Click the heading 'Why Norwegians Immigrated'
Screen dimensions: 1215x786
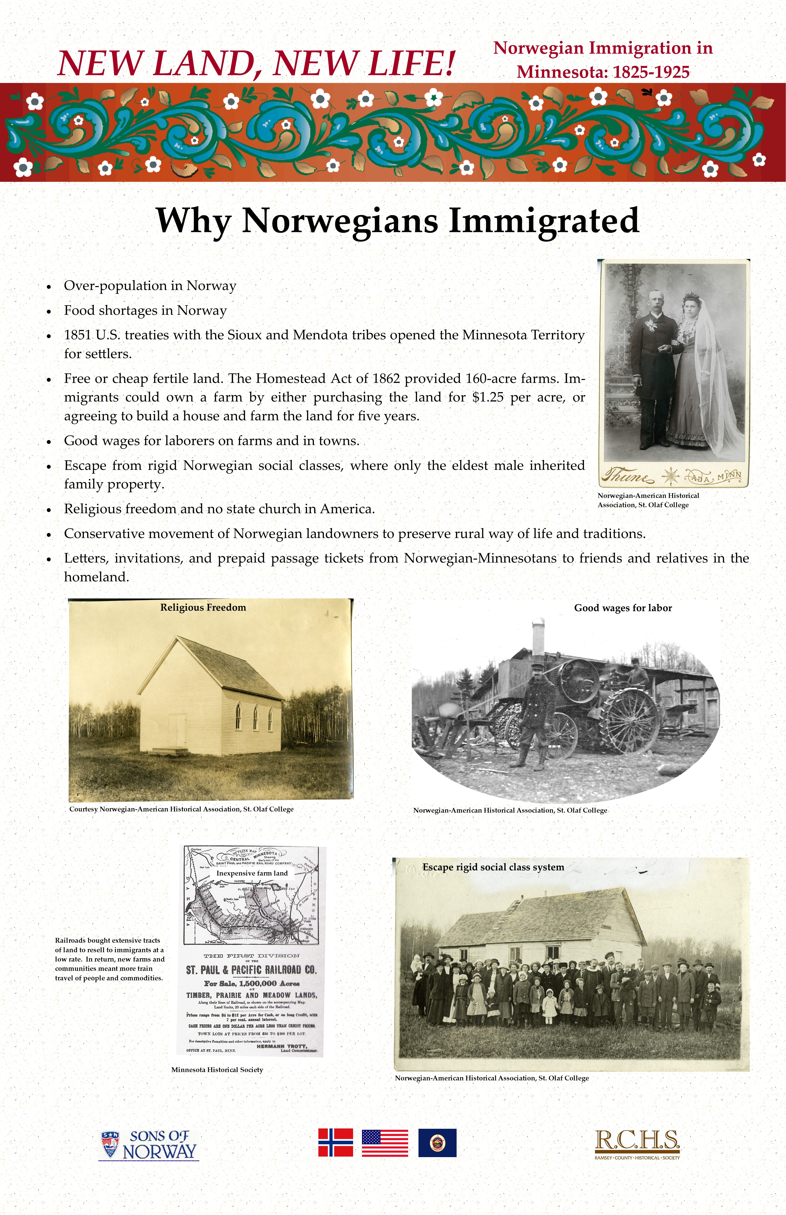[x=397, y=221]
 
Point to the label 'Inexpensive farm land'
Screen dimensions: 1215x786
[x=252, y=873]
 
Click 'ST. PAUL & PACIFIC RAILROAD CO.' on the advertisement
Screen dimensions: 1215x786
[x=251, y=970]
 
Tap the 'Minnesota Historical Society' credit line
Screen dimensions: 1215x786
[x=217, y=1069]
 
